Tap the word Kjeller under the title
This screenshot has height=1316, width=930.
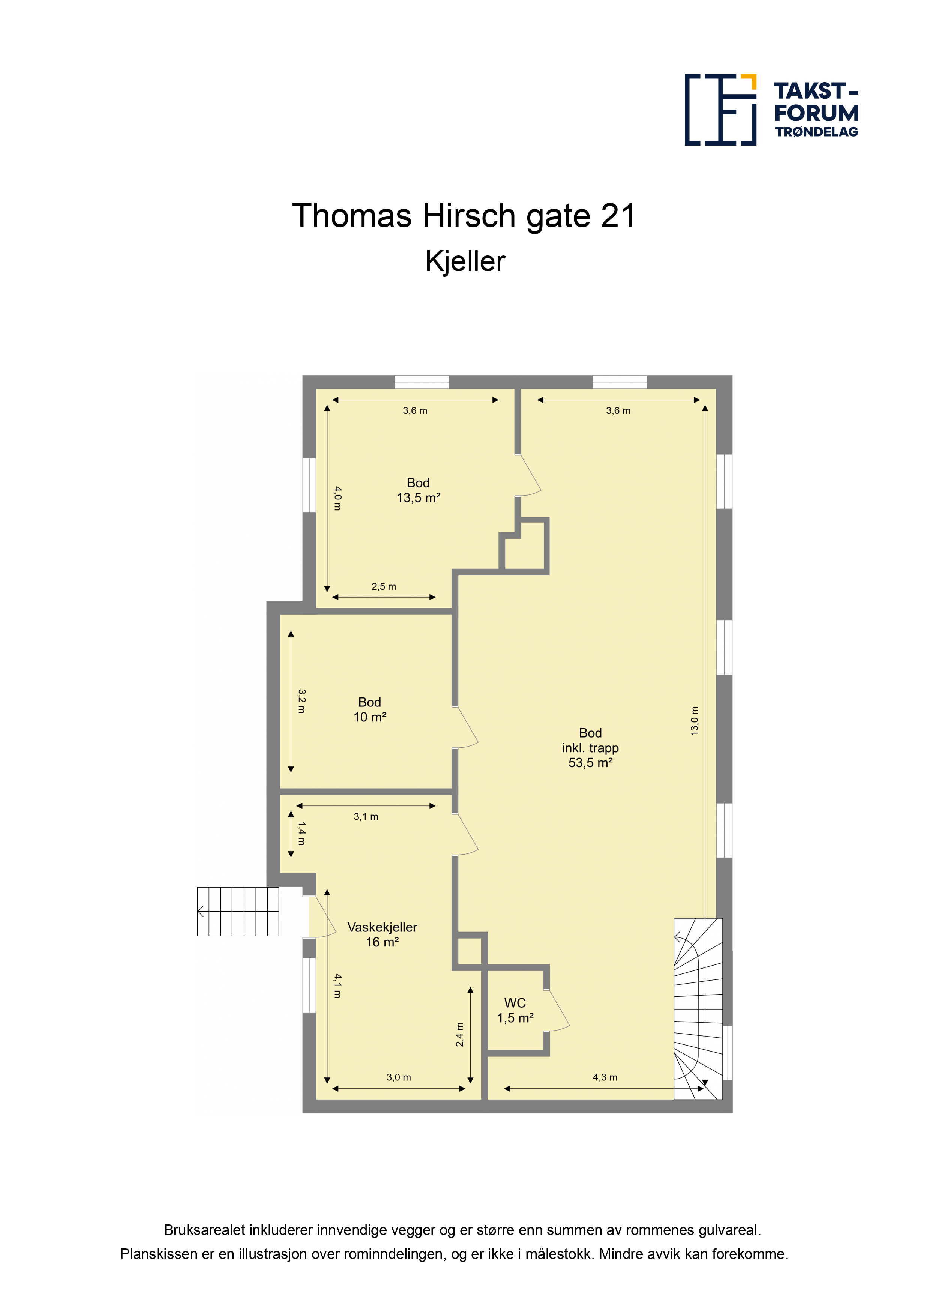[465, 261]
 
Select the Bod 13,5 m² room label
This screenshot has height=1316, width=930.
[418, 490]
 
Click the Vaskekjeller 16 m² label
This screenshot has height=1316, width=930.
[382, 934]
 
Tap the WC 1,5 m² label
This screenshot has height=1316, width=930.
[515, 1011]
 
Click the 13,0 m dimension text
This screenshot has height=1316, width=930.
[694, 721]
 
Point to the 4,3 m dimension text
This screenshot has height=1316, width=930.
[605, 1077]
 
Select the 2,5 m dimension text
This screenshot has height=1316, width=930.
[384, 586]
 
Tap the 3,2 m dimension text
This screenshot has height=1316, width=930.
[301, 701]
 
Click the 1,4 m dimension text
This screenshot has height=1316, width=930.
[301, 834]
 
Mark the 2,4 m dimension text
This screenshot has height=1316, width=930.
[459, 1035]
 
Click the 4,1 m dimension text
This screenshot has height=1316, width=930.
[337, 986]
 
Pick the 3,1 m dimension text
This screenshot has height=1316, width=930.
[366, 817]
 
